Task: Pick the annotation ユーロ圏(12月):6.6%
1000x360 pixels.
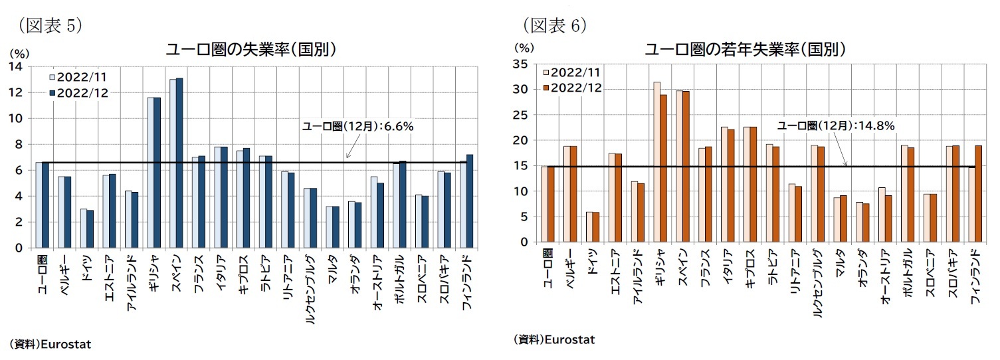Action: pos(358,126)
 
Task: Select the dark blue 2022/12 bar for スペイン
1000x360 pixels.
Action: pos(179,163)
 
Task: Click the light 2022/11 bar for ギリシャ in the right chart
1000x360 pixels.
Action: pos(656,162)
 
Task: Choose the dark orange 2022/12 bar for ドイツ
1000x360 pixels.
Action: pos(596,227)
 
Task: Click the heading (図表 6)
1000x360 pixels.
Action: pos(554,25)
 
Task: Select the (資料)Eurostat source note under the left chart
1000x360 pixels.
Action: pos(50,344)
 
